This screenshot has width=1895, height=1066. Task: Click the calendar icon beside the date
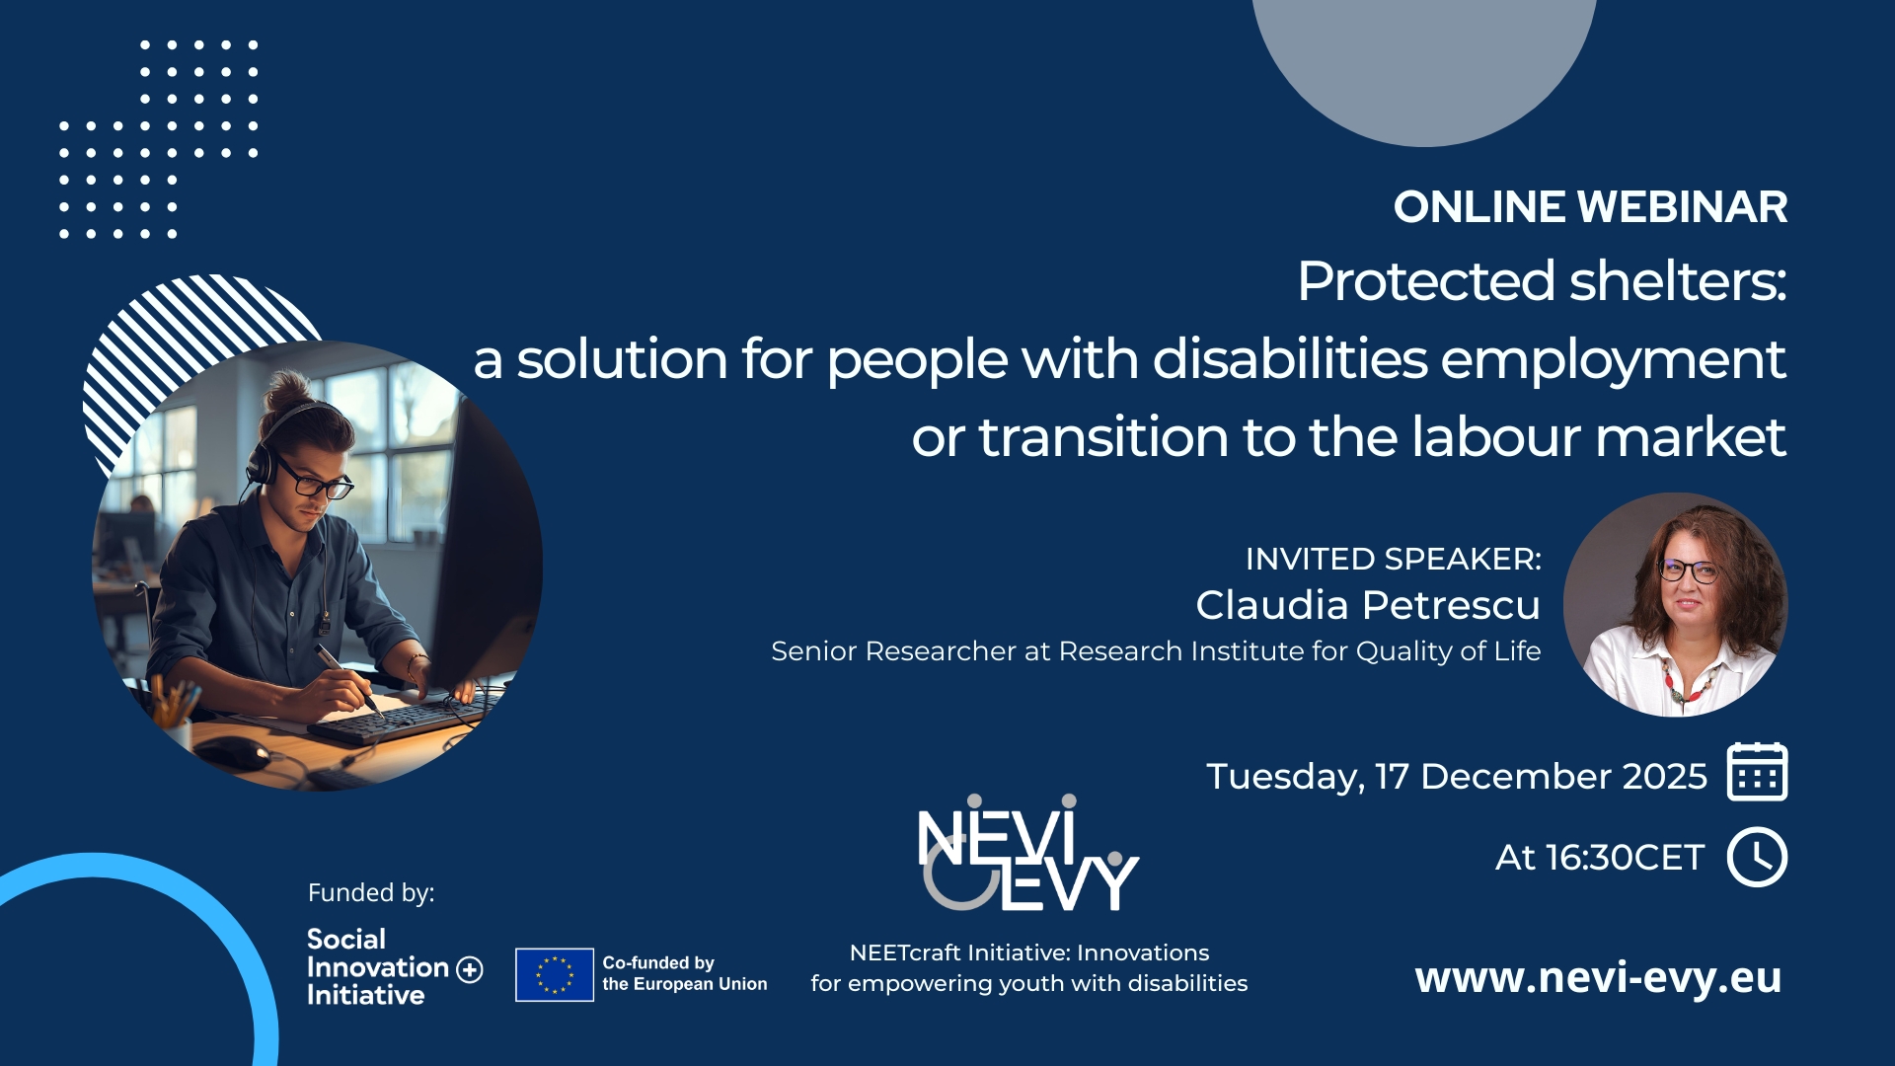coord(1757,772)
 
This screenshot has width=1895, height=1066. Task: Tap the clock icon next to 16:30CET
coord(1757,857)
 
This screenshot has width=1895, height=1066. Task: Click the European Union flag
coord(554,974)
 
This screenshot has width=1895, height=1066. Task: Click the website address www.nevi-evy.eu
coord(1598,977)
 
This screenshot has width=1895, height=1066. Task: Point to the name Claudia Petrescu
coord(1367,605)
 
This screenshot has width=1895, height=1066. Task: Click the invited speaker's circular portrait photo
coord(1675,604)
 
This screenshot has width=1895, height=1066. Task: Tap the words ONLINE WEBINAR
coord(1590,207)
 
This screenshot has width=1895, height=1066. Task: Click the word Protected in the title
coord(1426,281)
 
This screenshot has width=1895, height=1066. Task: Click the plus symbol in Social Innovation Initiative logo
coord(470,969)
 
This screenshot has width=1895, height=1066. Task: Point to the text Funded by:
coord(371,893)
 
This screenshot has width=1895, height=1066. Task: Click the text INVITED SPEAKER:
coord(1393,559)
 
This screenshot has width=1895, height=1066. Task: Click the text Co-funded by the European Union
coord(684,973)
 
